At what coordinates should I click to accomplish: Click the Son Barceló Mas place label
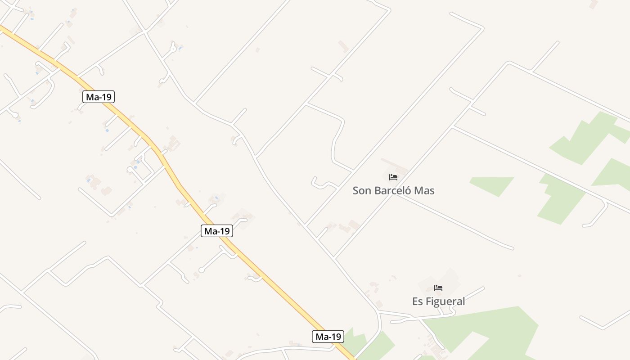(393, 190)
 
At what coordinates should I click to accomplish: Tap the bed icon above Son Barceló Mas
(393, 177)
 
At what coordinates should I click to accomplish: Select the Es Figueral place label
(438, 301)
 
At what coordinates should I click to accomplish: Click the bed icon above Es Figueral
(438, 288)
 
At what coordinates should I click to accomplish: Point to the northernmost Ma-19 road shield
(99, 96)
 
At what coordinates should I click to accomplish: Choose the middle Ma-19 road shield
(217, 231)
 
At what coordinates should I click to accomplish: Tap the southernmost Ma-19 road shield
(328, 337)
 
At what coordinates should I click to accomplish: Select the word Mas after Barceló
(424, 190)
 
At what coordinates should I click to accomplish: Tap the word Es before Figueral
(418, 301)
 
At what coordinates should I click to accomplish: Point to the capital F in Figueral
(429, 301)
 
